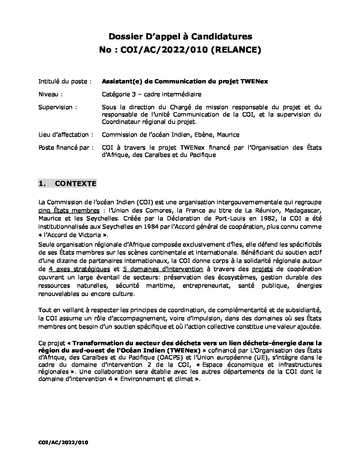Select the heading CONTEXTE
[75, 184]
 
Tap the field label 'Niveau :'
[50, 94]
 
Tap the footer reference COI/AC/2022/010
[63, 442]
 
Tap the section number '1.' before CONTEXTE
[42, 184]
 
